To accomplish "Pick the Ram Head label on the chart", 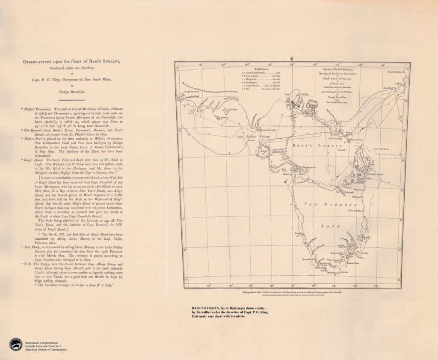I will click(x=388, y=87).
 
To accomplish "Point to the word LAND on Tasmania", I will click(x=330, y=226).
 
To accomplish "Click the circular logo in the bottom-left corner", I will click(x=16, y=344).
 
